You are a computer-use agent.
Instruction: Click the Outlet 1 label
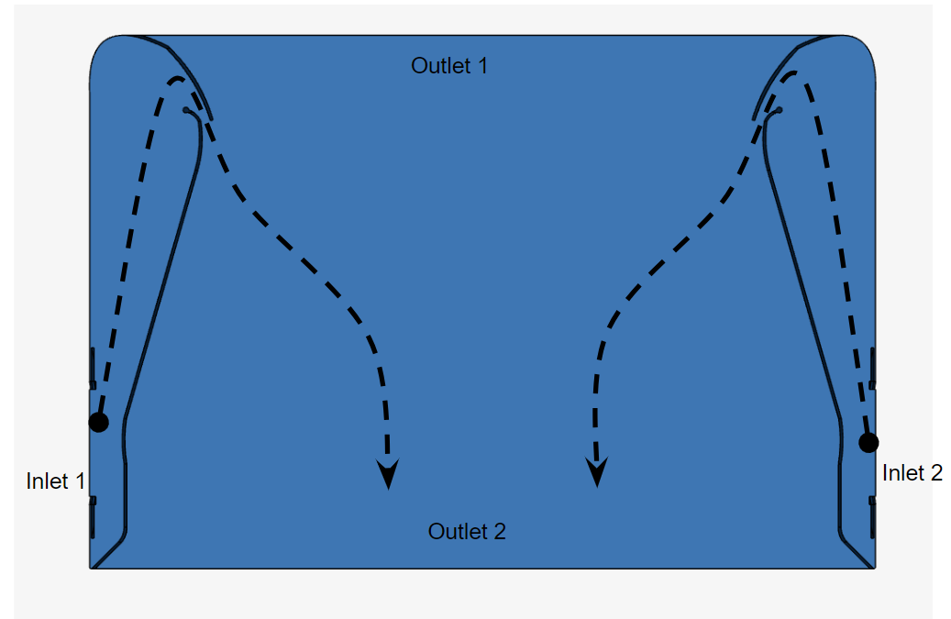tap(449, 66)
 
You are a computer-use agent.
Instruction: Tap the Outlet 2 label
tap(467, 531)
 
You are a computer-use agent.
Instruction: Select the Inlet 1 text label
tap(56, 481)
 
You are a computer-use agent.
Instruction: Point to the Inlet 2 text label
tap(912, 473)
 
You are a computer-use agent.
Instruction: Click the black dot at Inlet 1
tap(98, 422)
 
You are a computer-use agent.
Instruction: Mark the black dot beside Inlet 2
tap(868, 443)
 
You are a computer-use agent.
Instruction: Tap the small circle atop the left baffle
tap(185, 110)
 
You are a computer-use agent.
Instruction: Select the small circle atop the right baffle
tap(780, 110)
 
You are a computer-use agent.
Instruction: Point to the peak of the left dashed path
tap(176, 79)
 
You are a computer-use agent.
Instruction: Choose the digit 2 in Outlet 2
tap(500, 531)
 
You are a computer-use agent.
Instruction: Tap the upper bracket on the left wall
tap(92, 367)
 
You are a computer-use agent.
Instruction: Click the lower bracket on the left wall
tap(92, 515)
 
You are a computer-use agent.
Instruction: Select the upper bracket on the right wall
tap(873, 367)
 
